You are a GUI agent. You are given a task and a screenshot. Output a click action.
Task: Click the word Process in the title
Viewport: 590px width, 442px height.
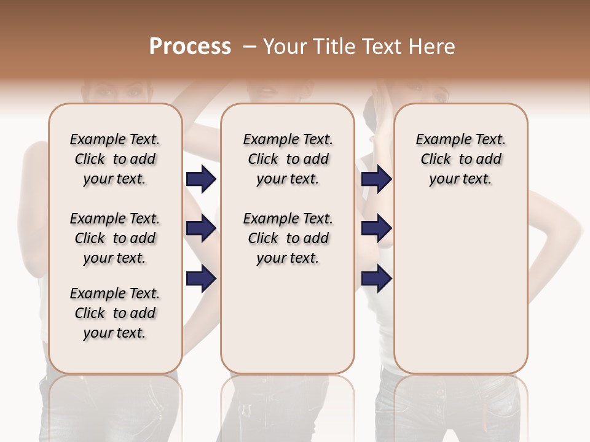tap(190, 47)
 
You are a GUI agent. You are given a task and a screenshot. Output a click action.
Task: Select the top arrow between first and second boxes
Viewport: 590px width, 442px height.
tap(201, 179)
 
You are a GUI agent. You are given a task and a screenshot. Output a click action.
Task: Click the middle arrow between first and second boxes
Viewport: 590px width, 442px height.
tap(201, 229)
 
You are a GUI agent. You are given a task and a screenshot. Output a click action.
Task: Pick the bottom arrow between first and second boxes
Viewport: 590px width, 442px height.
tap(201, 279)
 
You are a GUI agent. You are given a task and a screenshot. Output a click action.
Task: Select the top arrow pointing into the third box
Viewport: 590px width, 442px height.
tap(376, 179)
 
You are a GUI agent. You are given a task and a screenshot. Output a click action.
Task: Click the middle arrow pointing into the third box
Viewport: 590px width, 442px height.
tap(376, 229)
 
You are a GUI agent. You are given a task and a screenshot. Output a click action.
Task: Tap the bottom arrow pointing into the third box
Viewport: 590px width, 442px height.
tap(376, 279)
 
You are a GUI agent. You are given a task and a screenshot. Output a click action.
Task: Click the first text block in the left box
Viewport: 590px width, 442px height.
tap(115, 159)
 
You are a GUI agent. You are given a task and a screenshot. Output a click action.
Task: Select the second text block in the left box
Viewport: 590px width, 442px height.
tap(115, 238)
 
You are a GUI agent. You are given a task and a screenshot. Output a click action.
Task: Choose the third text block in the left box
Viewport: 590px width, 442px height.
tap(115, 313)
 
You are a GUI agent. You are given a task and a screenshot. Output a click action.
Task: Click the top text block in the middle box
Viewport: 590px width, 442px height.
tap(288, 159)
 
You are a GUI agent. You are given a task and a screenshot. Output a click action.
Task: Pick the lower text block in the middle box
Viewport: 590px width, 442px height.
tap(288, 238)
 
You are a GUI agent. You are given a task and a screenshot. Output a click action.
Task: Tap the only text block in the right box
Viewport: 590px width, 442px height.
tap(460, 159)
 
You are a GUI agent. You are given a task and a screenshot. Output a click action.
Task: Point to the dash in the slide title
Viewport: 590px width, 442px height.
tap(250, 47)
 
